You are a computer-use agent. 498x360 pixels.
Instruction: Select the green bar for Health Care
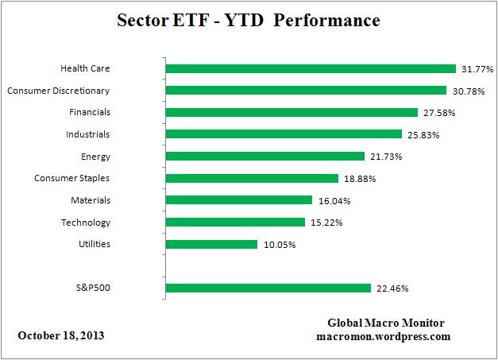(311, 68)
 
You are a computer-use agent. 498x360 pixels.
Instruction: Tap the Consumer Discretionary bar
(306, 91)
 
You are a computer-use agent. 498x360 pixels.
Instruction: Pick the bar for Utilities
(211, 244)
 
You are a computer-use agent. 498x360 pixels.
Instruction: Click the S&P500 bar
(268, 288)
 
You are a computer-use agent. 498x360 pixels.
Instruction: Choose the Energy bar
(264, 157)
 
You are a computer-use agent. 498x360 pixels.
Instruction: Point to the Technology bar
(235, 223)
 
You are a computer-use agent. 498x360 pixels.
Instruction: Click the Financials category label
(90, 112)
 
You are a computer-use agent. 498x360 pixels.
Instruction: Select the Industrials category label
(89, 134)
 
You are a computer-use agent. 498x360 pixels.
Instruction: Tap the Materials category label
(91, 200)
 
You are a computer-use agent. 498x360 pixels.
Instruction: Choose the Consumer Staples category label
(73, 178)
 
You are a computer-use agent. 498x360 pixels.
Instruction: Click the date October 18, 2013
(60, 335)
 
